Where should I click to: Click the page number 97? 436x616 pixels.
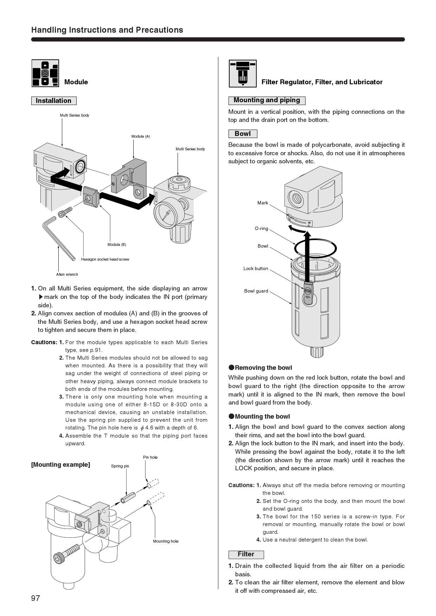[x=36, y=598]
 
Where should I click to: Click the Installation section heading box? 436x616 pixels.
[x=54, y=101]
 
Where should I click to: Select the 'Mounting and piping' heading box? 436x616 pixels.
[x=267, y=100]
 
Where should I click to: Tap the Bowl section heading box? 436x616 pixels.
[x=243, y=134]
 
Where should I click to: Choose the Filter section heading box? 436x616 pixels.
[x=246, y=554]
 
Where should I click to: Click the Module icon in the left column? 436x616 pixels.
[x=45, y=73]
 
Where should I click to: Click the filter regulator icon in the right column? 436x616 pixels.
[x=243, y=73]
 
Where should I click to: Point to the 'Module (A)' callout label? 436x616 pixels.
[x=141, y=136]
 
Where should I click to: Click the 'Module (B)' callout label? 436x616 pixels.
[x=117, y=244]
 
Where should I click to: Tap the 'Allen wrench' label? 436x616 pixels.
[x=67, y=274]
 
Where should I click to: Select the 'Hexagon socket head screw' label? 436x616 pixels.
[x=105, y=259]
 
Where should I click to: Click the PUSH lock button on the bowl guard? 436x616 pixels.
[x=308, y=291]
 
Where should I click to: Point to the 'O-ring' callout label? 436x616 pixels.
[x=261, y=229]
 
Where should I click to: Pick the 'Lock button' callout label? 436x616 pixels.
[x=256, y=269]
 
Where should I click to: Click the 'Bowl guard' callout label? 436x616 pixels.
[x=256, y=291]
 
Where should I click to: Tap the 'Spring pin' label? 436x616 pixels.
[x=120, y=466]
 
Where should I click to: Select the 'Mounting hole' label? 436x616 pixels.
[x=166, y=541]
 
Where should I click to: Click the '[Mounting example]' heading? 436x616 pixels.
[x=60, y=465]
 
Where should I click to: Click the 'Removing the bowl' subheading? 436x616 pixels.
[x=263, y=368]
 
